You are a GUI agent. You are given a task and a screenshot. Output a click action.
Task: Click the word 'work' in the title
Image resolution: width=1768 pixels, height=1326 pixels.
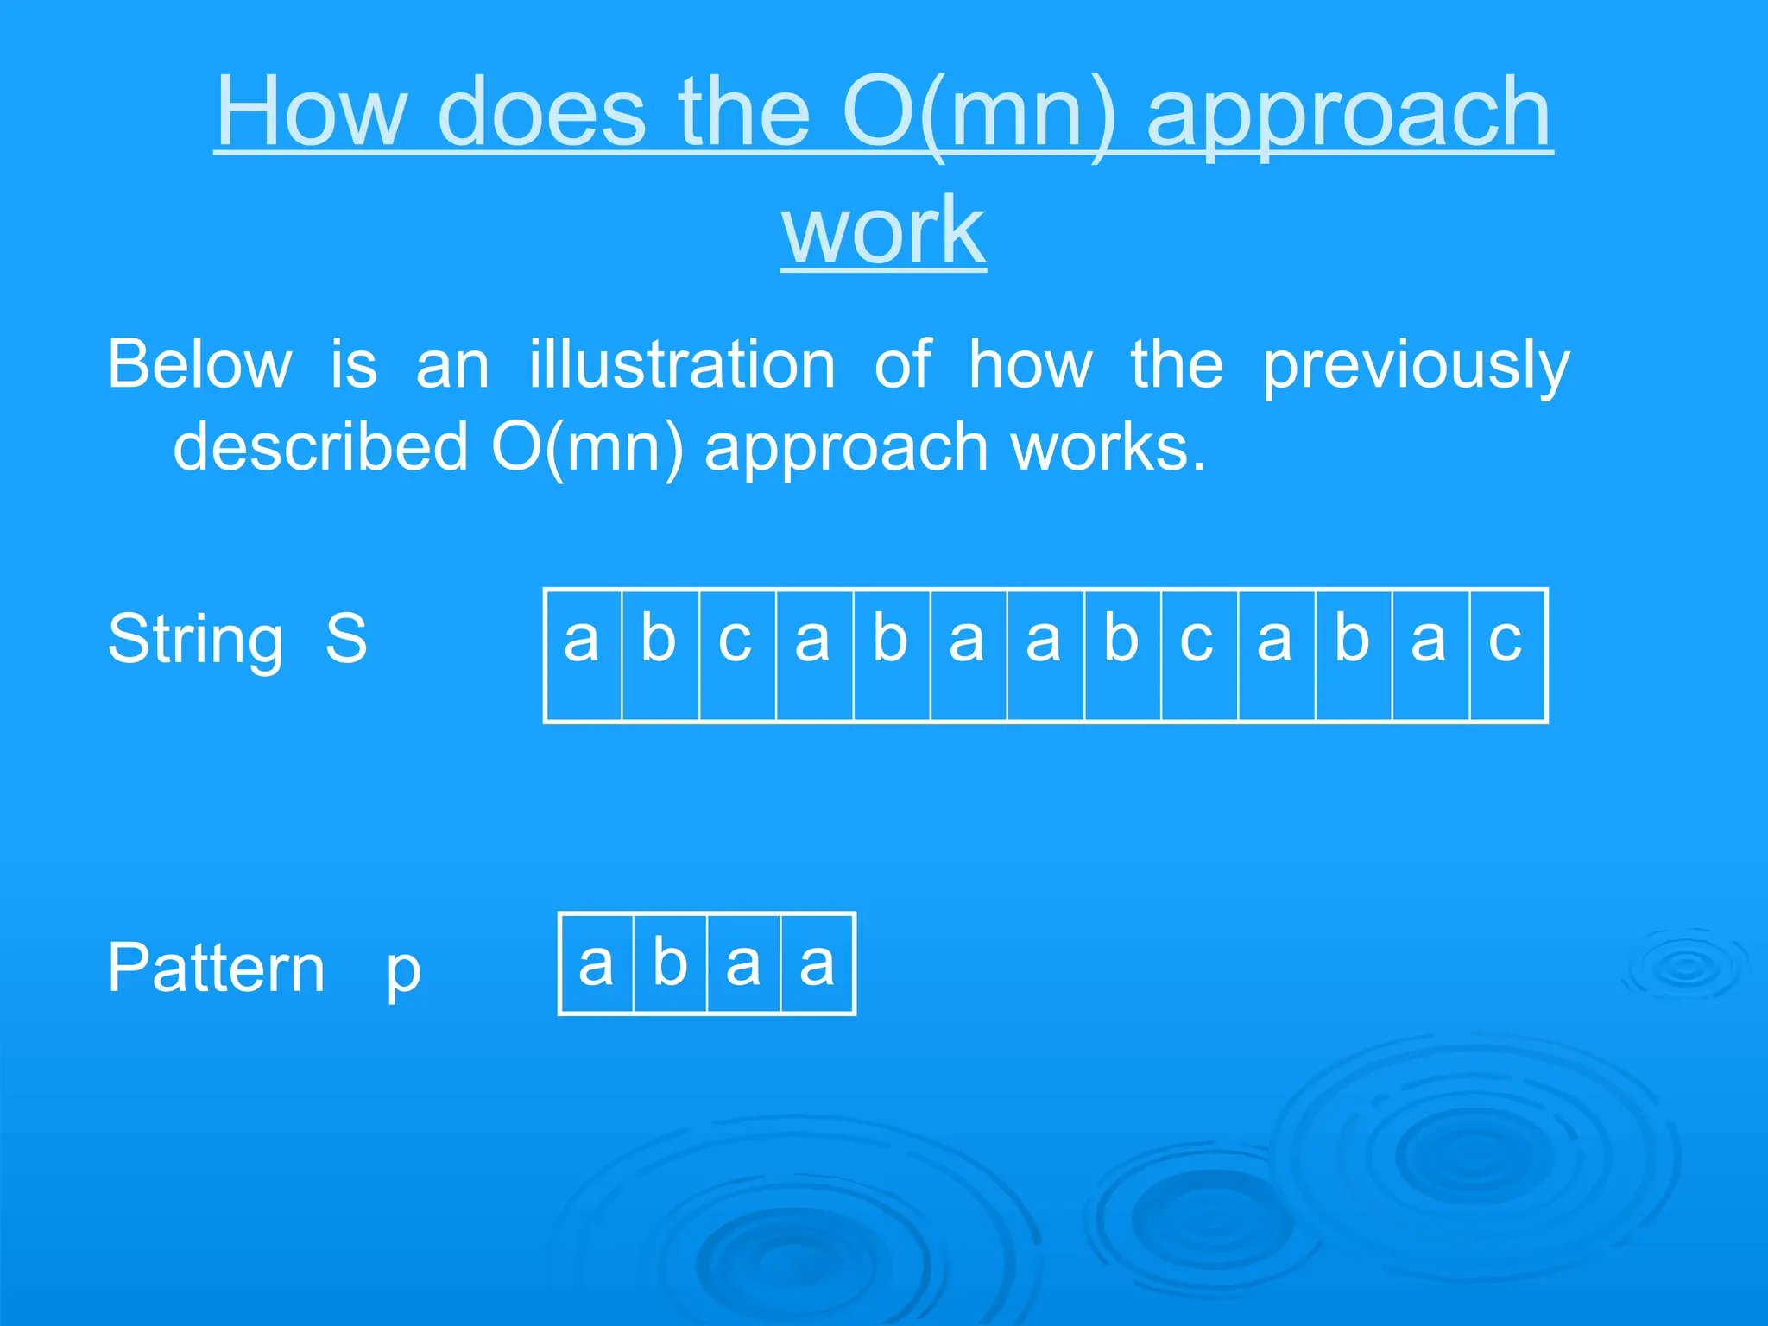pos(883,230)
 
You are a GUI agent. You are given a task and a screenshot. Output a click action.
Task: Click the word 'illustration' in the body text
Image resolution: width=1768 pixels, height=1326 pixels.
pos(682,365)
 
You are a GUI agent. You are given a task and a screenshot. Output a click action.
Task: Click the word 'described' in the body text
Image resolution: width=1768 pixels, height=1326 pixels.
pos(320,447)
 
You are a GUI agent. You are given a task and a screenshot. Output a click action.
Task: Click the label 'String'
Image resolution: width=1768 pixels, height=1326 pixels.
pos(196,640)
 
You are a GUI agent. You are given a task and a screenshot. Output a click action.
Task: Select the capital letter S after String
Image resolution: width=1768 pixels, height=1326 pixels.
pos(346,638)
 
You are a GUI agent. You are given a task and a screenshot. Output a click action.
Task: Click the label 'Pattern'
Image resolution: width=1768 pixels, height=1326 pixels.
pos(217,969)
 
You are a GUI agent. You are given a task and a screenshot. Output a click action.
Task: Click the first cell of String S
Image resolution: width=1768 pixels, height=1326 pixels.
pos(583,655)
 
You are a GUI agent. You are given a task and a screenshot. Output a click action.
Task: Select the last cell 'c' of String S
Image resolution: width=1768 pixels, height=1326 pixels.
pos(1506,655)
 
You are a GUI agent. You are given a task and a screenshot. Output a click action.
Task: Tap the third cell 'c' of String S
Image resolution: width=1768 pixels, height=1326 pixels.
pos(736,655)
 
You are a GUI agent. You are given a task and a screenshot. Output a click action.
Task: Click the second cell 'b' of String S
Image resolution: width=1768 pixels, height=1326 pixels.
pos(660,655)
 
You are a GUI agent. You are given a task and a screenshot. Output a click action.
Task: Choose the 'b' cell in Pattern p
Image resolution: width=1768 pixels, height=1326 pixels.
pos(670,963)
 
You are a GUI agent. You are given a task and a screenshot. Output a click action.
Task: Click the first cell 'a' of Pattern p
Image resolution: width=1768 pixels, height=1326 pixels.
pos(597,963)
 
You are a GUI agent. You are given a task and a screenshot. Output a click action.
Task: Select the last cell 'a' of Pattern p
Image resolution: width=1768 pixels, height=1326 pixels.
pos(817,963)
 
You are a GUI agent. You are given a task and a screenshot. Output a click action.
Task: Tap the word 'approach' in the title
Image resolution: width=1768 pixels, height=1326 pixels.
pos(1349,113)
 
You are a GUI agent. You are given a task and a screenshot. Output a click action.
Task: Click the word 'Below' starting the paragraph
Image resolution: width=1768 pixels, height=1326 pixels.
pos(199,365)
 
